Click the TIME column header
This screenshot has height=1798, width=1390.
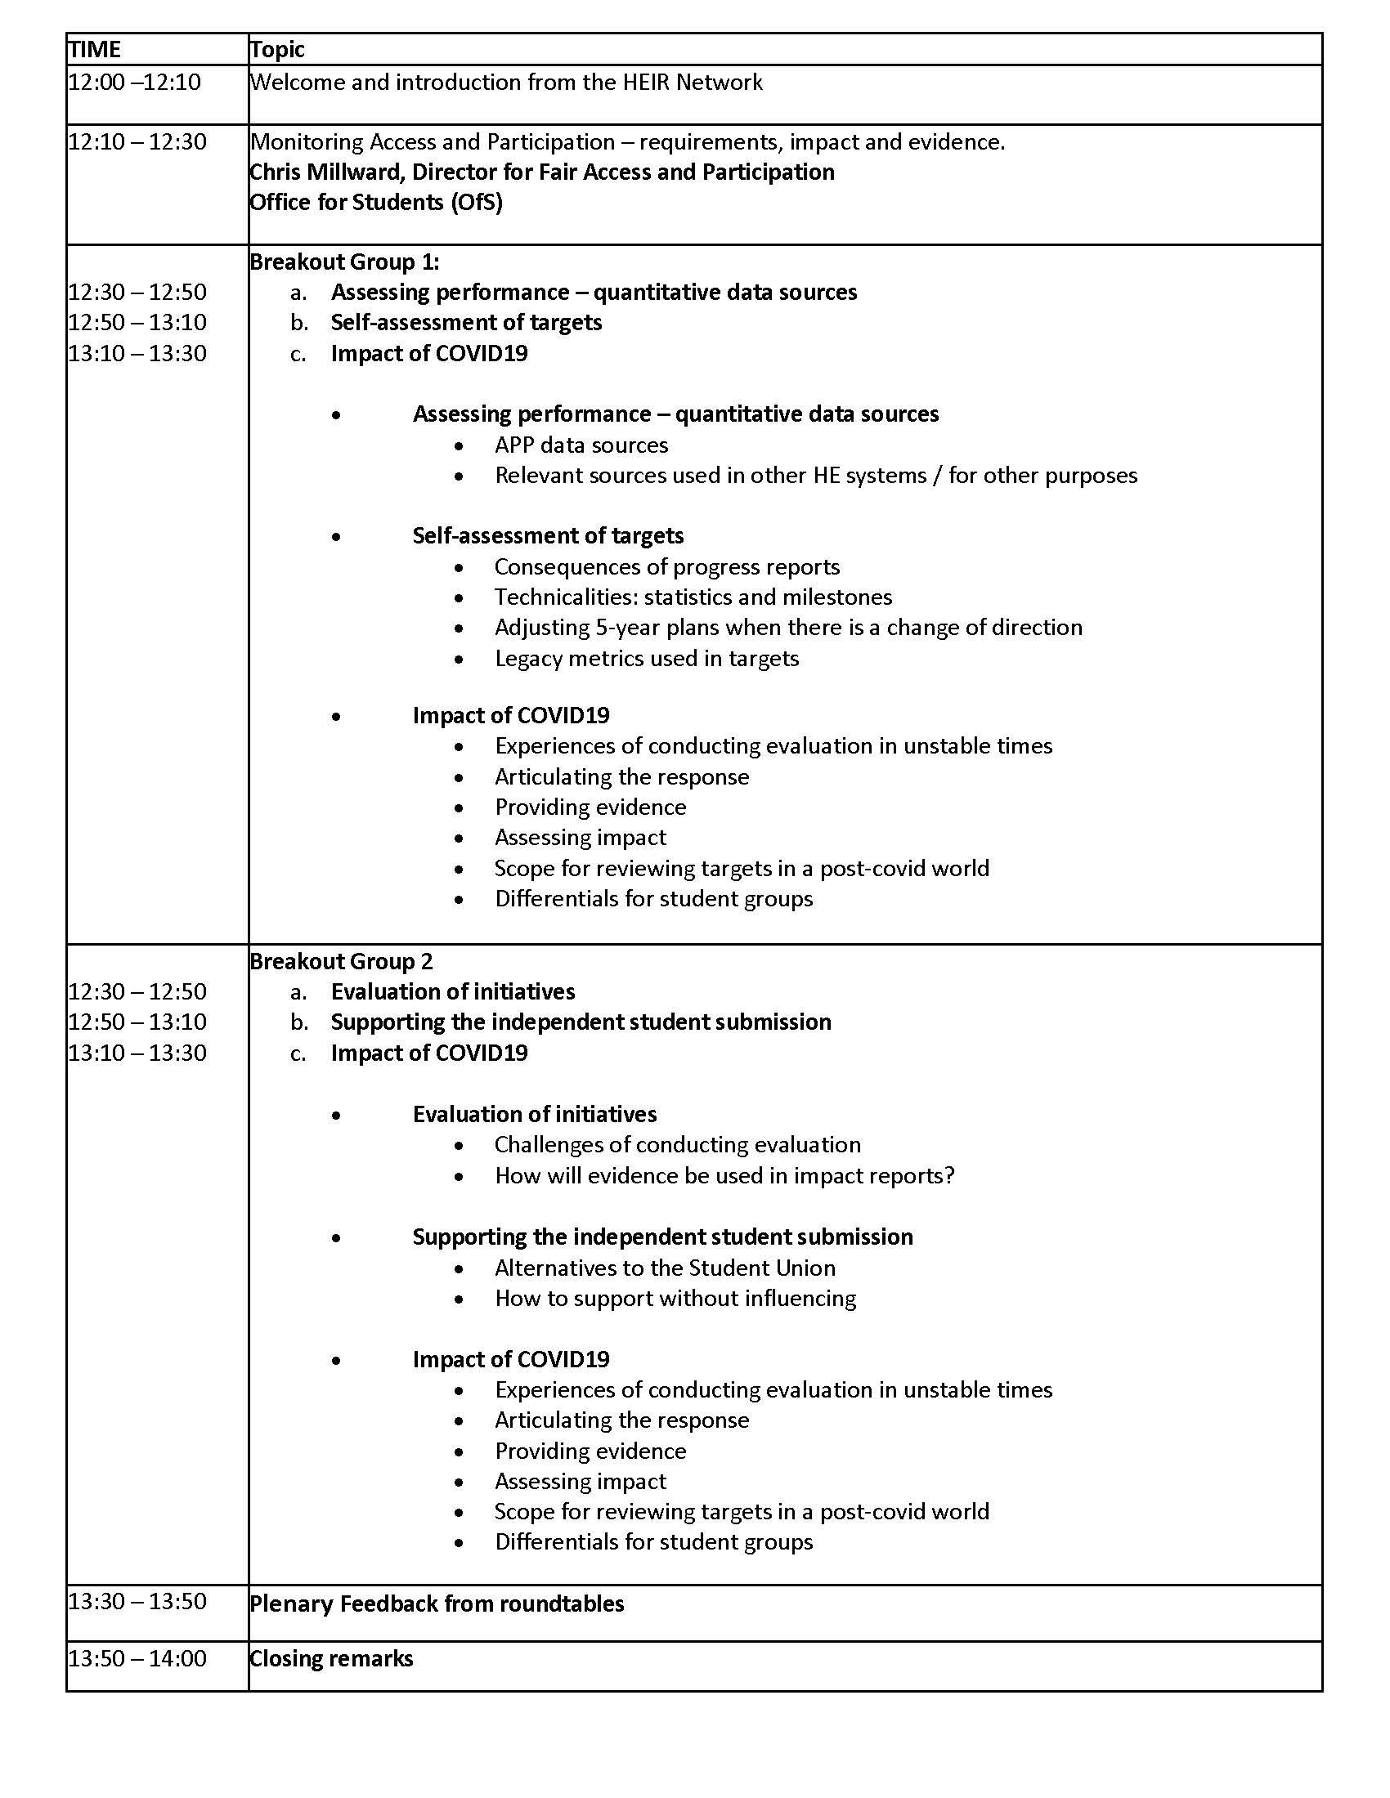(95, 49)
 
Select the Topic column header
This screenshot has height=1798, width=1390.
(277, 49)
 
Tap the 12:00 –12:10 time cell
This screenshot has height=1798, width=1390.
(134, 83)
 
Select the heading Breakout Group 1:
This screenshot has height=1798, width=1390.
(344, 262)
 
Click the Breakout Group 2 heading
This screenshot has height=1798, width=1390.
(341, 962)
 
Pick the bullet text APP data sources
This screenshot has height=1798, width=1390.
(581, 445)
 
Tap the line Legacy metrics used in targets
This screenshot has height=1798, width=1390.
(647, 659)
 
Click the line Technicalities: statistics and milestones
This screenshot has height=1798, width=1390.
(693, 597)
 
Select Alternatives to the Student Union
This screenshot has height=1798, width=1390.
(665, 1268)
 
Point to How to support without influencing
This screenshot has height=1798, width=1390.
(675, 1299)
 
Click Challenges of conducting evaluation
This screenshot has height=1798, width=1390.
(678, 1145)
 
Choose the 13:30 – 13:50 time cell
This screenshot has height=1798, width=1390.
(137, 1601)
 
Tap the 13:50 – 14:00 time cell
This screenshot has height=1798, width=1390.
(137, 1658)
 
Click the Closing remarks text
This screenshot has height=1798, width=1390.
(331, 1658)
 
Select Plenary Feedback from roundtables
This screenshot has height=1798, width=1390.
(437, 1603)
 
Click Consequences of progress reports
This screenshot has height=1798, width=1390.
(667, 567)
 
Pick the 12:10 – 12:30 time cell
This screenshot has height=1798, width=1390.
(137, 141)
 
